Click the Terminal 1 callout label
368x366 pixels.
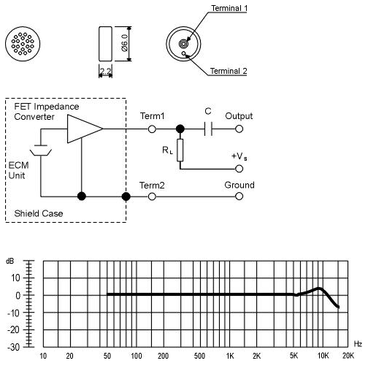pos(229,8)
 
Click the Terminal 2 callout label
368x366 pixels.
pos(229,71)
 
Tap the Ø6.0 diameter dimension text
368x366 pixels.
pos(125,43)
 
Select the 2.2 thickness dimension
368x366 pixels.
pos(105,72)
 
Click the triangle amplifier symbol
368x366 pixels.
pos(85,129)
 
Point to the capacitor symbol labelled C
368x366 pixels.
pos(208,129)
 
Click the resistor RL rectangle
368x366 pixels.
pos(180,150)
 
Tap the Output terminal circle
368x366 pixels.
pos(239,129)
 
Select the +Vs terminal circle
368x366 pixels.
pos(239,169)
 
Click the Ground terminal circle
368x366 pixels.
pos(239,197)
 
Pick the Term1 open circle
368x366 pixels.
pos(152,129)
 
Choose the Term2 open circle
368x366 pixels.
pos(152,197)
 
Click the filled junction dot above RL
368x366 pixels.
pos(180,129)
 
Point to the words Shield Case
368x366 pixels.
pos(39,213)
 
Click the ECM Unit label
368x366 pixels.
pos(18,170)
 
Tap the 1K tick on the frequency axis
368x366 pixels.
pos(230,356)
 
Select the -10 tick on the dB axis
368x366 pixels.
pos(14,313)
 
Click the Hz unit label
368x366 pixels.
pos(358,344)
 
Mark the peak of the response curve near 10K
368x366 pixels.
pos(319,289)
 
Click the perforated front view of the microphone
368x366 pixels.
pos(23,44)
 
